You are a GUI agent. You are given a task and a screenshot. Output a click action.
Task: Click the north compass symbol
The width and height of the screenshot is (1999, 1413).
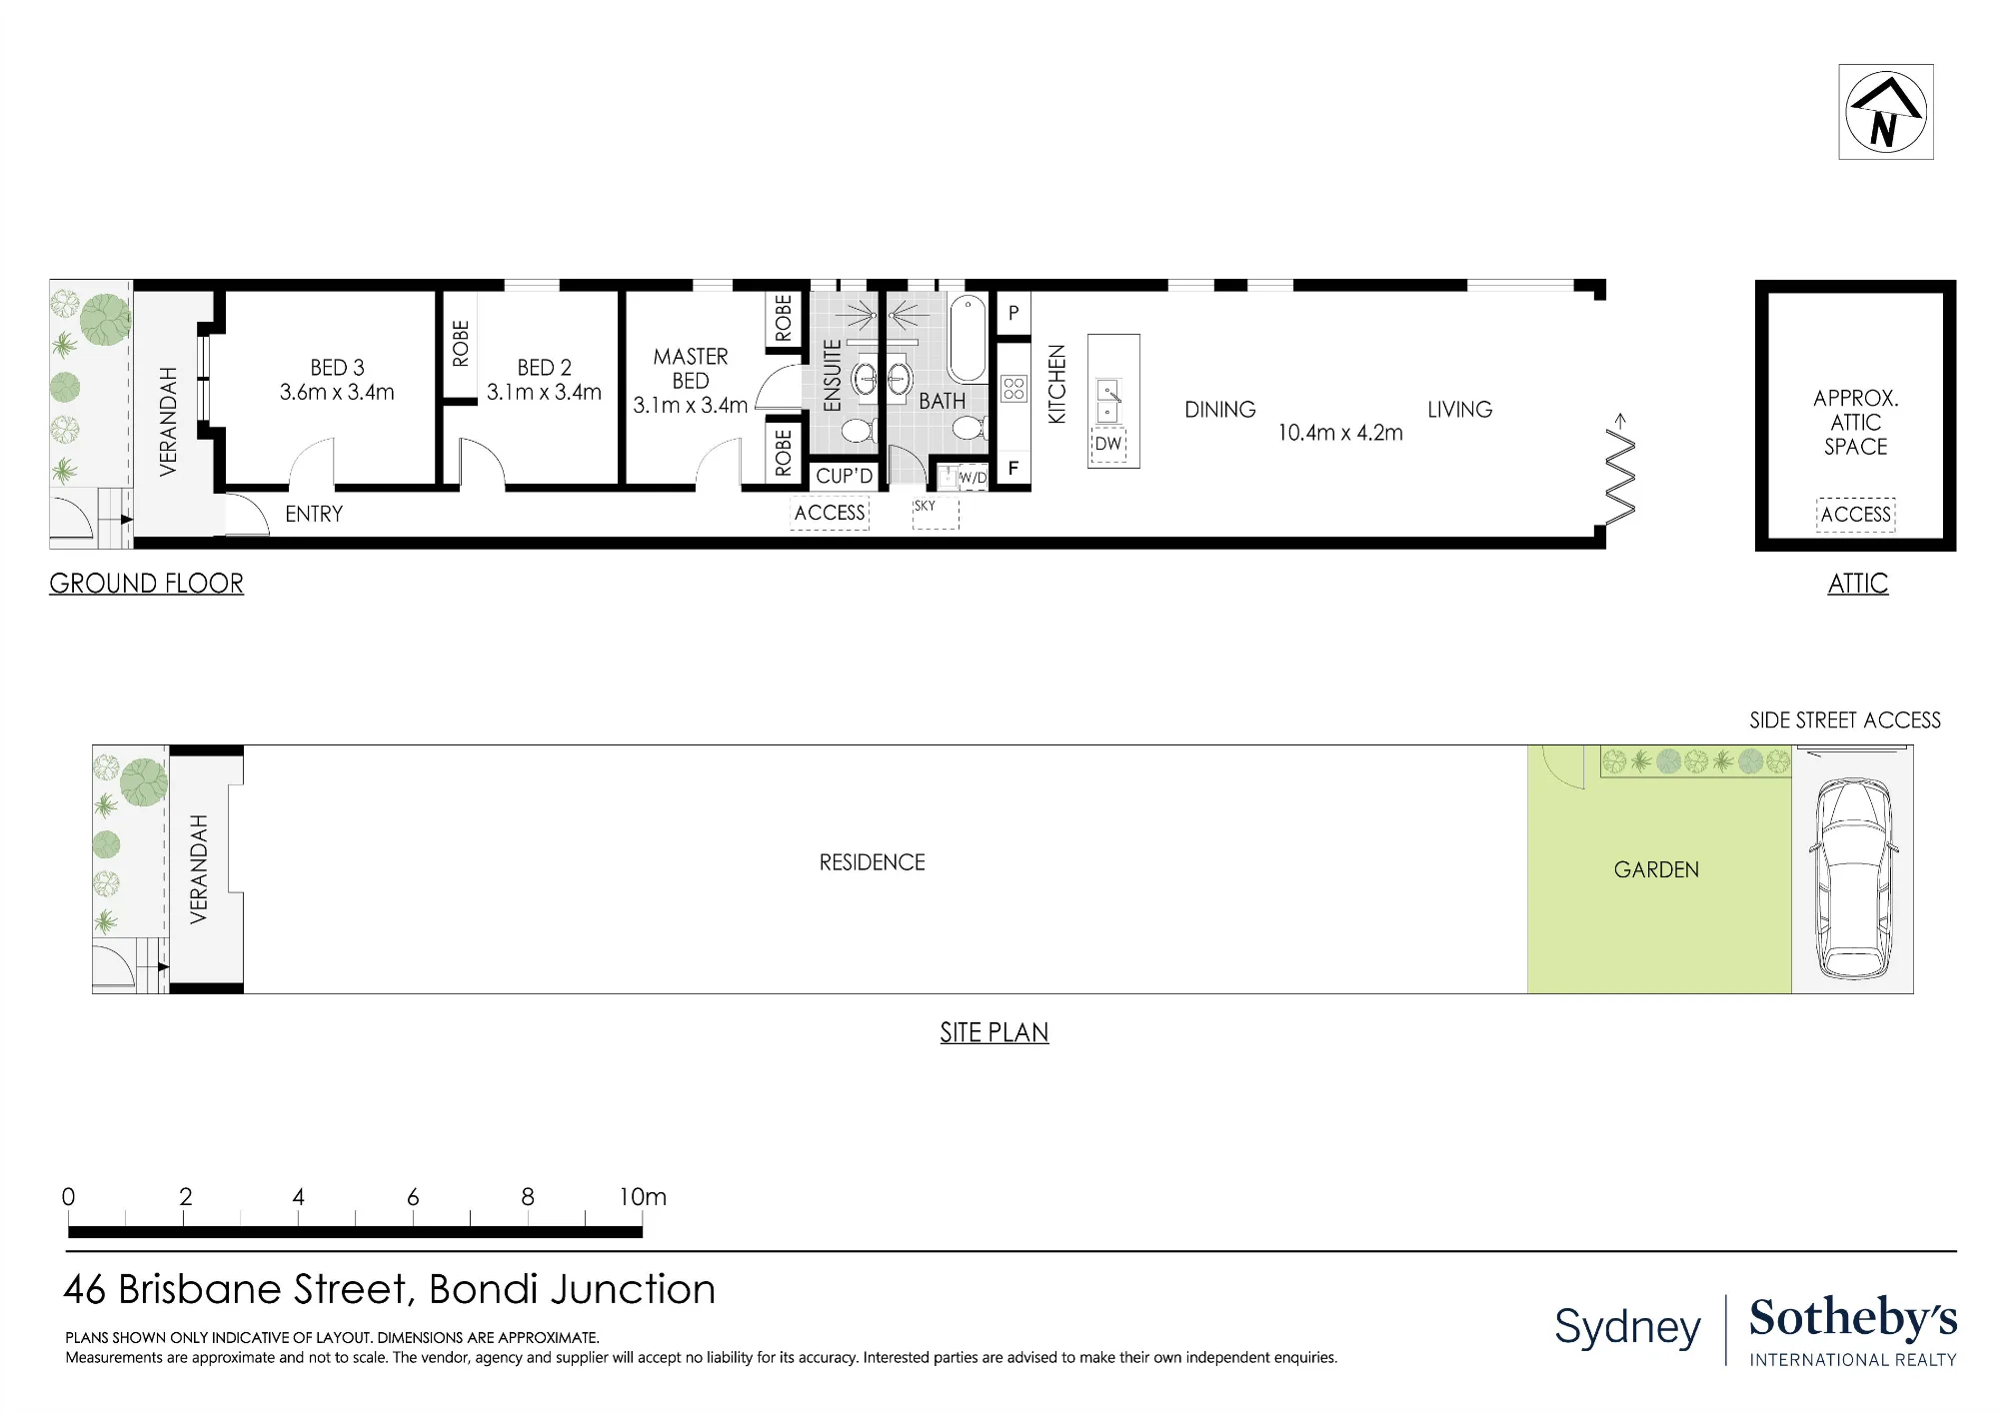click(x=1885, y=111)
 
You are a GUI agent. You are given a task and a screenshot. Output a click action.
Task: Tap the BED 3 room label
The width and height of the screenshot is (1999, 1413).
click(x=337, y=368)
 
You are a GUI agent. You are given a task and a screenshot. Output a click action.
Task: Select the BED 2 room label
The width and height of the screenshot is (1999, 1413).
click(x=545, y=368)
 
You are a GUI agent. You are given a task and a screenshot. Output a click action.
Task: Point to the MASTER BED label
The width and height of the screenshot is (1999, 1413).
click(x=691, y=369)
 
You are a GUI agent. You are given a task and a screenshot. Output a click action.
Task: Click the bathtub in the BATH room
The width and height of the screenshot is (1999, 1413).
click(x=967, y=339)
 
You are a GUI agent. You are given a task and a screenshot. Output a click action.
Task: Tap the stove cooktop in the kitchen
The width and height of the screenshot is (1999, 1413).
click(x=1013, y=389)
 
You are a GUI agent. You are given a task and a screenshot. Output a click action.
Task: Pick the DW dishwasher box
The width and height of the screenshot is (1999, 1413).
click(x=1107, y=444)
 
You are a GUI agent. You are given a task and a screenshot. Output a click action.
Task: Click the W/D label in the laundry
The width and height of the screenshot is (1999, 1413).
click(x=973, y=478)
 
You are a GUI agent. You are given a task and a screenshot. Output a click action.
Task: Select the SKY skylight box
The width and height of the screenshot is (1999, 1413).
click(x=936, y=514)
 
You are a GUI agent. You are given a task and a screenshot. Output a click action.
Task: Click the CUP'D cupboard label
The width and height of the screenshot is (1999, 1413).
click(x=845, y=476)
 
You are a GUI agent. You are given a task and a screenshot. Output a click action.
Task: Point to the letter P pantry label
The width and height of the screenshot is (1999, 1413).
click(x=1013, y=313)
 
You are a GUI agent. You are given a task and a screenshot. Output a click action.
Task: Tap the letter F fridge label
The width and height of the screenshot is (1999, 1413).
click(x=1013, y=468)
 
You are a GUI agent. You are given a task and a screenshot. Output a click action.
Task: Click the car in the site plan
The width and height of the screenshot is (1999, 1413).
click(x=1853, y=878)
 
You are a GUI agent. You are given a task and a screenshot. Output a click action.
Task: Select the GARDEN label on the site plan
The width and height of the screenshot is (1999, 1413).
click(x=1656, y=870)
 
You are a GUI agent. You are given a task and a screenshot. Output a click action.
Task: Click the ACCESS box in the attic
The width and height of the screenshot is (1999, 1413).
click(x=1856, y=515)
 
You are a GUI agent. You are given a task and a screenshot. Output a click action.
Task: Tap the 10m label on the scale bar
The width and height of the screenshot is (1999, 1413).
click(x=642, y=1196)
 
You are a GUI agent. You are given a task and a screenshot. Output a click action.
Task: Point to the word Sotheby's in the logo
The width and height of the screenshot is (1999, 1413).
click(x=1853, y=1318)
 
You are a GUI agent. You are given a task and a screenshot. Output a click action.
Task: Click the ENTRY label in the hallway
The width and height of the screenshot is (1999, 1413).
click(x=314, y=514)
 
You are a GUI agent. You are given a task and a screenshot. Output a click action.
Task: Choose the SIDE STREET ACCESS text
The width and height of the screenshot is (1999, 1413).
click(x=1845, y=720)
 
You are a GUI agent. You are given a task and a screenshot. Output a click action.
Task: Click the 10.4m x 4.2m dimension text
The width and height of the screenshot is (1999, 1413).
click(x=1340, y=433)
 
